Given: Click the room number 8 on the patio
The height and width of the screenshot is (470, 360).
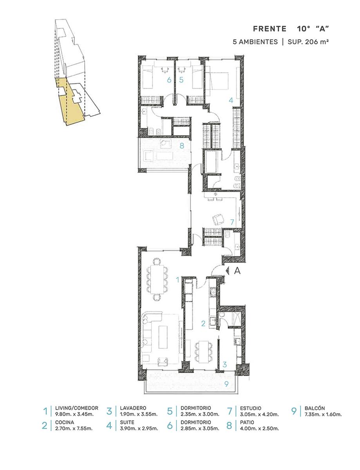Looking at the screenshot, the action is pyautogui.click(x=182, y=146).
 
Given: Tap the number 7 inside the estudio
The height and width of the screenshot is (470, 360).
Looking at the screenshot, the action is pyautogui.click(x=232, y=222).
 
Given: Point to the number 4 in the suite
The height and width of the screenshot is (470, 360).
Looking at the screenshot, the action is pyautogui.click(x=231, y=100).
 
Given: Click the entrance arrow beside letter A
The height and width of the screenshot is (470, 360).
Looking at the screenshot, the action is pyautogui.click(x=227, y=270).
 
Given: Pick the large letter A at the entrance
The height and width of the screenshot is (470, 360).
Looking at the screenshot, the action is pyautogui.click(x=237, y=271).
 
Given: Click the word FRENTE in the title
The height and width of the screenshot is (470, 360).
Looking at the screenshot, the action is pyautogui.click(x=270, y=29).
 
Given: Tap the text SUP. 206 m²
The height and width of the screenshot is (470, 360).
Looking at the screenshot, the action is pyautogui.click(x=308, y=42).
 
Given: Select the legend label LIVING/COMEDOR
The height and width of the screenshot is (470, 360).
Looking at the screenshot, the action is pyautogui.click(x=76, y=408).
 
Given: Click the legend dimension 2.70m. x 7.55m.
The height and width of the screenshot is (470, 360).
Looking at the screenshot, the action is pyautogui.click(x=74, y=428).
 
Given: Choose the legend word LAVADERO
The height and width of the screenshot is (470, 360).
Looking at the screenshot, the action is pyautogui.click(x=133, y=408).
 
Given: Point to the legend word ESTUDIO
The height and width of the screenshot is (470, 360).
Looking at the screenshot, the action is pyautogui.click(x=250, y=409).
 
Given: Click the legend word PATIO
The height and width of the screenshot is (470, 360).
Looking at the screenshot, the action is pyautogui.click(x=247, y=423).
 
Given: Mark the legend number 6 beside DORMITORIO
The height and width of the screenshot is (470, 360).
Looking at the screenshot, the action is pyautogui.click(x=170, y=425).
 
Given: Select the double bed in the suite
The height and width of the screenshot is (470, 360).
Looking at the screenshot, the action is pyautogui.click(x=217, y=81).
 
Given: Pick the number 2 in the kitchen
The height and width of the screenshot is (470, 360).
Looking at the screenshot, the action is pyautogui.click(x=203, y=324).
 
